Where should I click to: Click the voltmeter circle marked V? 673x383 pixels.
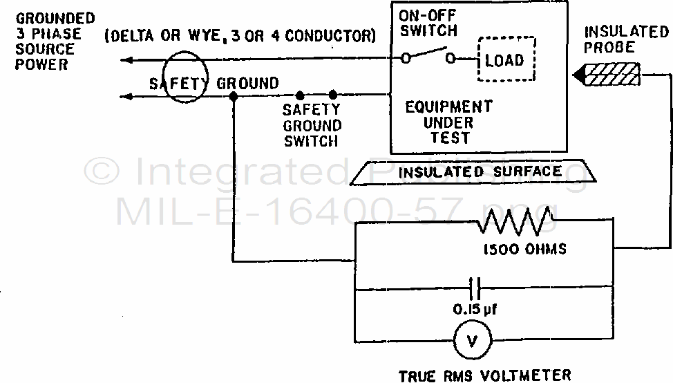[x=472, y=339]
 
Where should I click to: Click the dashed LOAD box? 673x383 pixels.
[x=504, y=60]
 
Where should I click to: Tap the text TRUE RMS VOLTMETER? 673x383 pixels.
[x=485, y=375]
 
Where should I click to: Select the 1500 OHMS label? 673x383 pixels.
[x=522, y=249]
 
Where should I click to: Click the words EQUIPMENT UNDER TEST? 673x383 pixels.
[x=448, y=122]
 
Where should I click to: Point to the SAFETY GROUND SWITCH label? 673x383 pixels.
[x=312, y=125]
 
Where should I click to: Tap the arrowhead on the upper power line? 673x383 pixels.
[x=126, y=60]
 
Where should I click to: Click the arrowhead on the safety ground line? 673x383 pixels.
[x=126, y=96]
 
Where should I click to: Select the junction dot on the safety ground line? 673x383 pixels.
[x=234, y=97]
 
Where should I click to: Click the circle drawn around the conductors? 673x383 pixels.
[x=184, y=78]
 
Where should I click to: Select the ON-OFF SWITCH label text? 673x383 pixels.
[x=428, y=22]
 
